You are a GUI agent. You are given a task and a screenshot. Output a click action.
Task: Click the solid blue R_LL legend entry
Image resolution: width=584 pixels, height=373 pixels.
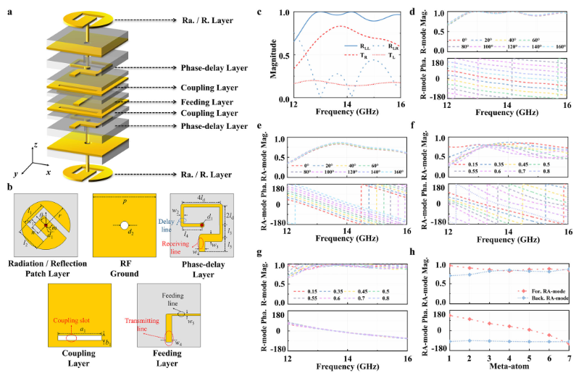point(363,44)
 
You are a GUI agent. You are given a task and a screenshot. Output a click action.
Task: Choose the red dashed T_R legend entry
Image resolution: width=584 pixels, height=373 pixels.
point(363,56)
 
